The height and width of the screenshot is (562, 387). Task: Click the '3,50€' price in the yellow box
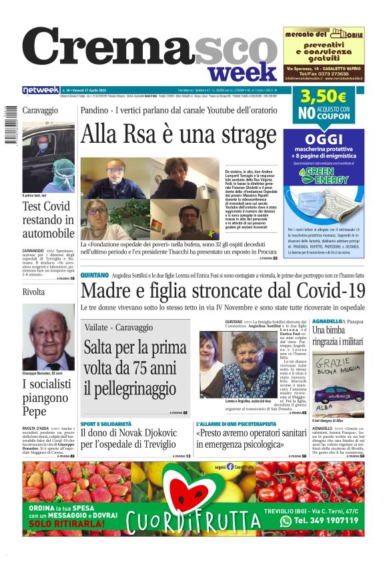click(323, 97)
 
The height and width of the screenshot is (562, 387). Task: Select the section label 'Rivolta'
click(33, 292)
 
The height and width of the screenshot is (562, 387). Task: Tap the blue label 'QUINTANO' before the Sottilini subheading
click(94, 275)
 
